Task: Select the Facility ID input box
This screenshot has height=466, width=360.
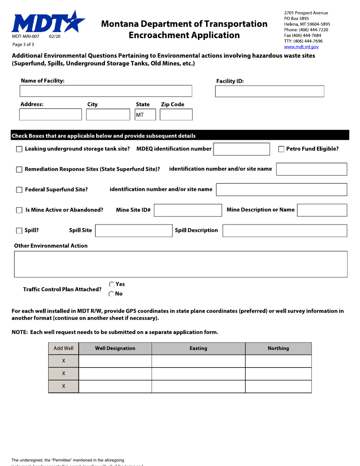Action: point(269,91)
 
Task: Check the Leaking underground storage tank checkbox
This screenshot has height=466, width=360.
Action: point(19,150)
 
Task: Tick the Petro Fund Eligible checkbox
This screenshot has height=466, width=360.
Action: point(282,149)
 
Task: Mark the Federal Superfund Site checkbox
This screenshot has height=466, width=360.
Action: point(19,190)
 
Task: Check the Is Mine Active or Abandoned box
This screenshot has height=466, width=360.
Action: point(19,210)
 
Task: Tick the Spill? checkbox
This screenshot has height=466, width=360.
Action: point(19,231)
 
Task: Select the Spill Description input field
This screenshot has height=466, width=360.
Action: point(284,231)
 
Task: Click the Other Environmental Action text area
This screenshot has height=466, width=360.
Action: point(180,264)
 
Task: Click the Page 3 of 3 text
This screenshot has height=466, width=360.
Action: point(23,44)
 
